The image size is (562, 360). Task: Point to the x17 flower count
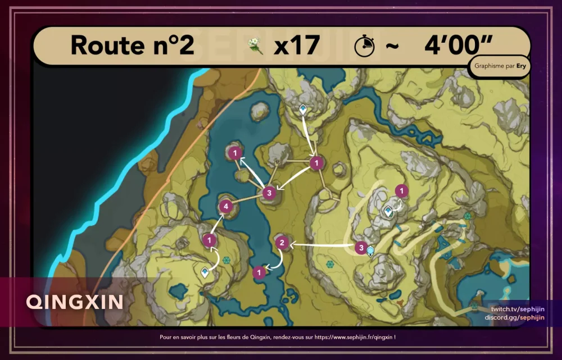click(297, 45)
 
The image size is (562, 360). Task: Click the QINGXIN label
click(75, 302)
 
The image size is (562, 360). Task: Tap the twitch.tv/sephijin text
click(518, 309)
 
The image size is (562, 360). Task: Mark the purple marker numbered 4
click(225, 206)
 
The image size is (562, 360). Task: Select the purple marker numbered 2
click(282, 243)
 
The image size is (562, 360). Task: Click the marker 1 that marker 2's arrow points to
click(259, 272)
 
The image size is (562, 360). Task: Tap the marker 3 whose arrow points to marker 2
click(361, 246)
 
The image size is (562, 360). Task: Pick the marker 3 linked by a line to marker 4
click(269, 193)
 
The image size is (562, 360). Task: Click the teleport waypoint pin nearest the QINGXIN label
click(205, 272)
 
